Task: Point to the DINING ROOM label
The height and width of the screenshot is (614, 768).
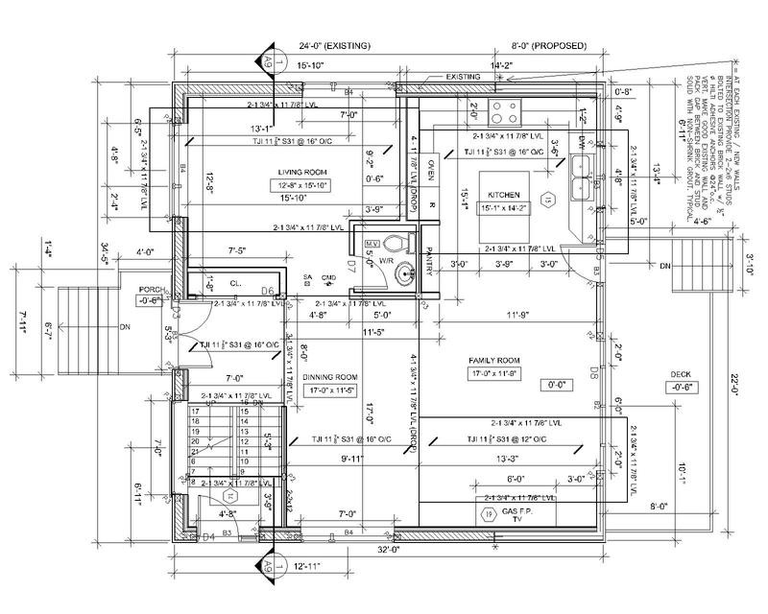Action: point(329,377)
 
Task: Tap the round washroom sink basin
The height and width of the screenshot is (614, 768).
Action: point(406,275)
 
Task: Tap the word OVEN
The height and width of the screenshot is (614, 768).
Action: point(431,170)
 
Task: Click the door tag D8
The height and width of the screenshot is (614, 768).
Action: point(594,370)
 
